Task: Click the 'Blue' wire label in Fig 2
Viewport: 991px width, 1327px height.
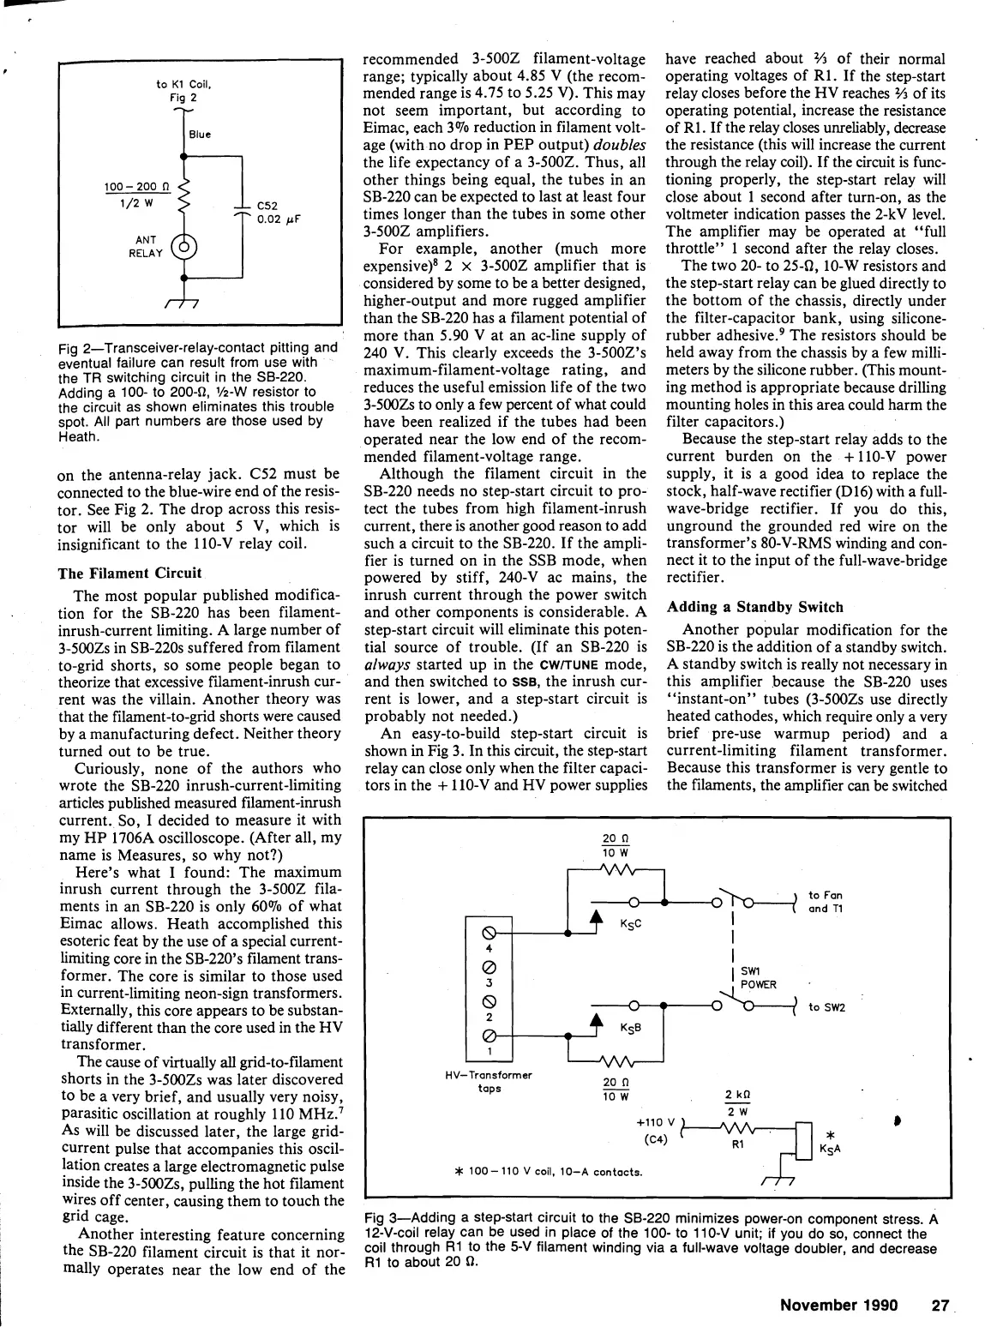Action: coord(200,135)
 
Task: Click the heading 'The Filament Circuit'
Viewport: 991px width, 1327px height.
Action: coord(129,573)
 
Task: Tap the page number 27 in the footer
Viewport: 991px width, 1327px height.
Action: coord(940,1305)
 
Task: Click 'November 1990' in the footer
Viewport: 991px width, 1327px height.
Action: coord(838,1305)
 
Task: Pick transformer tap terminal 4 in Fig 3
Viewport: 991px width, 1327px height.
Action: coord(489,932)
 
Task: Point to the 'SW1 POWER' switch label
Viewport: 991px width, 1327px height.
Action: coord(758,978)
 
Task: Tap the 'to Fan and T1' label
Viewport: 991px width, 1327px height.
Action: coord(826,902)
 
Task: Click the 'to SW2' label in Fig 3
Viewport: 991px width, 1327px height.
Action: coord(826,1007)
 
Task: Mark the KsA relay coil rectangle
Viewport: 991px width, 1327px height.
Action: coord(803,1138)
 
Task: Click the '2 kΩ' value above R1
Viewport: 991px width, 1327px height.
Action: coord(737,1095)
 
